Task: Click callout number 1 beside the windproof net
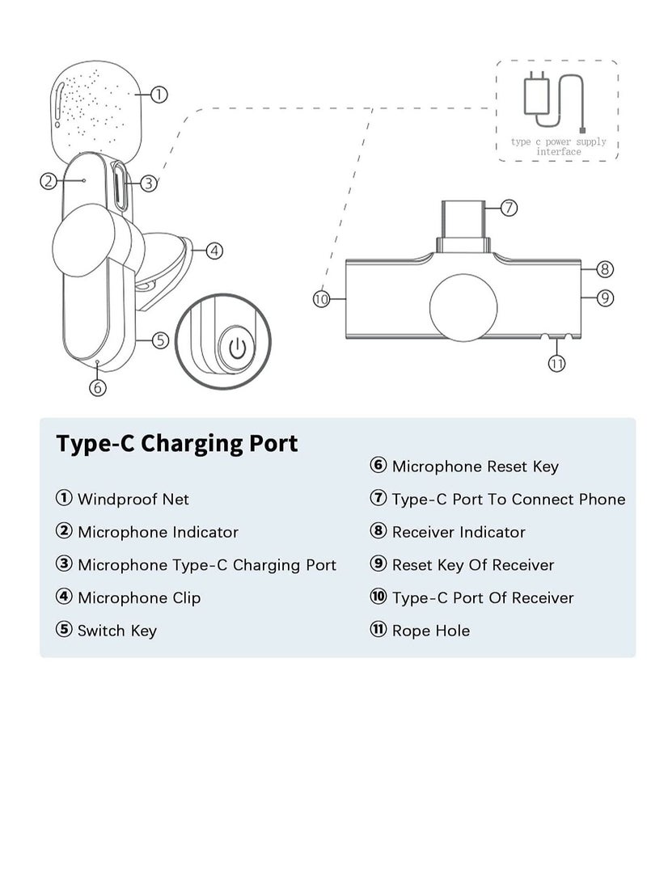[159, 95]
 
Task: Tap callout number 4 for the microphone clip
[214, 251]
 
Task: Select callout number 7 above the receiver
[508, 208]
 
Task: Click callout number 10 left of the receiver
[322, 299]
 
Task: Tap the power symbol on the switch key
[235, 348]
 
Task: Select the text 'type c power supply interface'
[558, 146]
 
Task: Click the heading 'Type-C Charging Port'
[176, 443]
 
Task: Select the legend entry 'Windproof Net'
[133, 499]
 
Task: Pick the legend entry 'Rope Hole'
[430, 631]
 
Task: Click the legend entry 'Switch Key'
[116, 631]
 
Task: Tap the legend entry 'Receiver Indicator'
[458, 532]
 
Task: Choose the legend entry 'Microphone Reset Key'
[475, 466]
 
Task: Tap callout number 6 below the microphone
[97, 387]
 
